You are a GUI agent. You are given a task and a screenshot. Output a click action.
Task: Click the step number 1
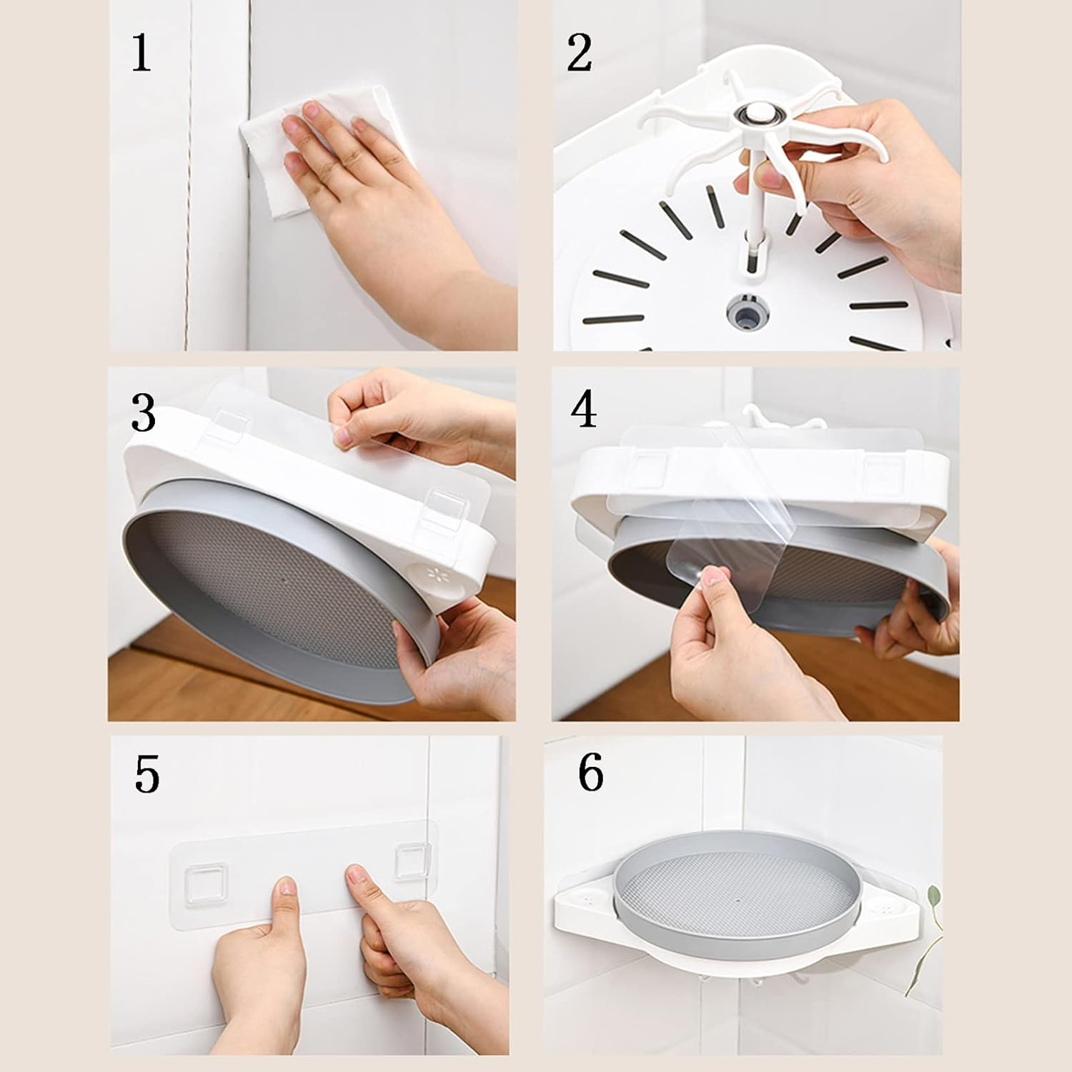point(142,54)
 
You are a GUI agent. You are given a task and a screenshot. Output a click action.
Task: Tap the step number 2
point(580,54)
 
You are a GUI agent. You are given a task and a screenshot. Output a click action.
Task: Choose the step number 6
point(590,773)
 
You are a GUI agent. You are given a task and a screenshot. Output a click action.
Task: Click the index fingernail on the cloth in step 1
point(310,111)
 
